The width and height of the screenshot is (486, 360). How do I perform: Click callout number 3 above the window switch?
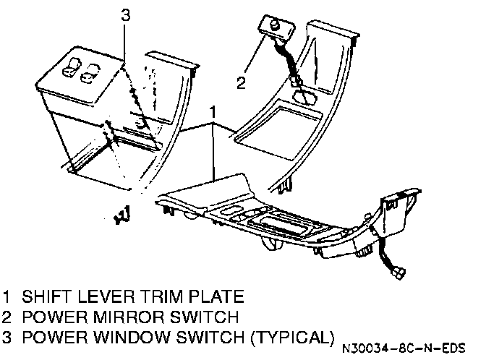125,14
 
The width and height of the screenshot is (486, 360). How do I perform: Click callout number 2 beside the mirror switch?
241,82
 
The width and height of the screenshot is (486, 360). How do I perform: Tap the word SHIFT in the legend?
45,296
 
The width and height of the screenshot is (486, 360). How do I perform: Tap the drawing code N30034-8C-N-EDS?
404,346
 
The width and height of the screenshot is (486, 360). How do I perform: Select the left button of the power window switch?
72,70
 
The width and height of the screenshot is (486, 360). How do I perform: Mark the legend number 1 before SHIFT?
7,296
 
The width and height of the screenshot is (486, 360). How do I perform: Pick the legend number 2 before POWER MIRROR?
7,317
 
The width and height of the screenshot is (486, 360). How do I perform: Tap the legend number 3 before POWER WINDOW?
7,337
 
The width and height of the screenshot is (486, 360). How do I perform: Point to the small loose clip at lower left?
121,214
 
